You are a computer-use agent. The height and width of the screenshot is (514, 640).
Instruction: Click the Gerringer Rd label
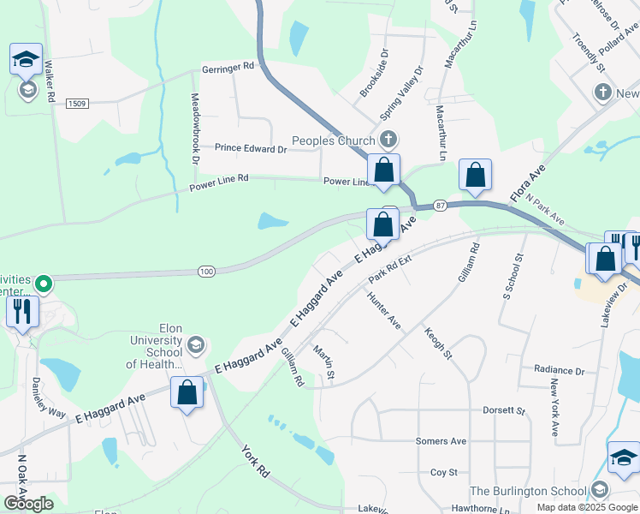[x=228, y=66]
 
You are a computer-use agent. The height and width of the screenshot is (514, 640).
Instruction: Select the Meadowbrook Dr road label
[x=195, y=129]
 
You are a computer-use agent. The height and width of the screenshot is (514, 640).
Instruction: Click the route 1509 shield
[x=77, y=103]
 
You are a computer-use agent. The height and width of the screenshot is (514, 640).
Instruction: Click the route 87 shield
[x=441, y=206]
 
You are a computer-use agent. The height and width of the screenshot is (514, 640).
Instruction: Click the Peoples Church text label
[x=334, y=141]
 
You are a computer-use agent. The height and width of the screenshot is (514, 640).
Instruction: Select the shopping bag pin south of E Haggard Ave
[x=187, y=394]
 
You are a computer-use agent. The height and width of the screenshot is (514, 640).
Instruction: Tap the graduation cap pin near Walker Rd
[x=27, y=61]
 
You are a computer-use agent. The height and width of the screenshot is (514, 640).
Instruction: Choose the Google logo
[x=28, y=503]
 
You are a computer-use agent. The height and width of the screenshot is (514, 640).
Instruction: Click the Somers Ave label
[x=441, y=441]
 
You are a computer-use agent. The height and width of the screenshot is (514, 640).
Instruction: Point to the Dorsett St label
[x=508, y=410]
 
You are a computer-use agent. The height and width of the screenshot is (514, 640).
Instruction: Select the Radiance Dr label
[x=559, y=371]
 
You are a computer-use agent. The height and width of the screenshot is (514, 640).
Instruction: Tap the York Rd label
[x=256, y=461]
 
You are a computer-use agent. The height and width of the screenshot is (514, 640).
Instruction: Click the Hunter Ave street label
[x=383, y=311]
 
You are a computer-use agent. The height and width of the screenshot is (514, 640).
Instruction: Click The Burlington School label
[x=527, y=491]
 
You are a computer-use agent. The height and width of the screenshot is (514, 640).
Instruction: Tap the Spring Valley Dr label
[x=401, y=94]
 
